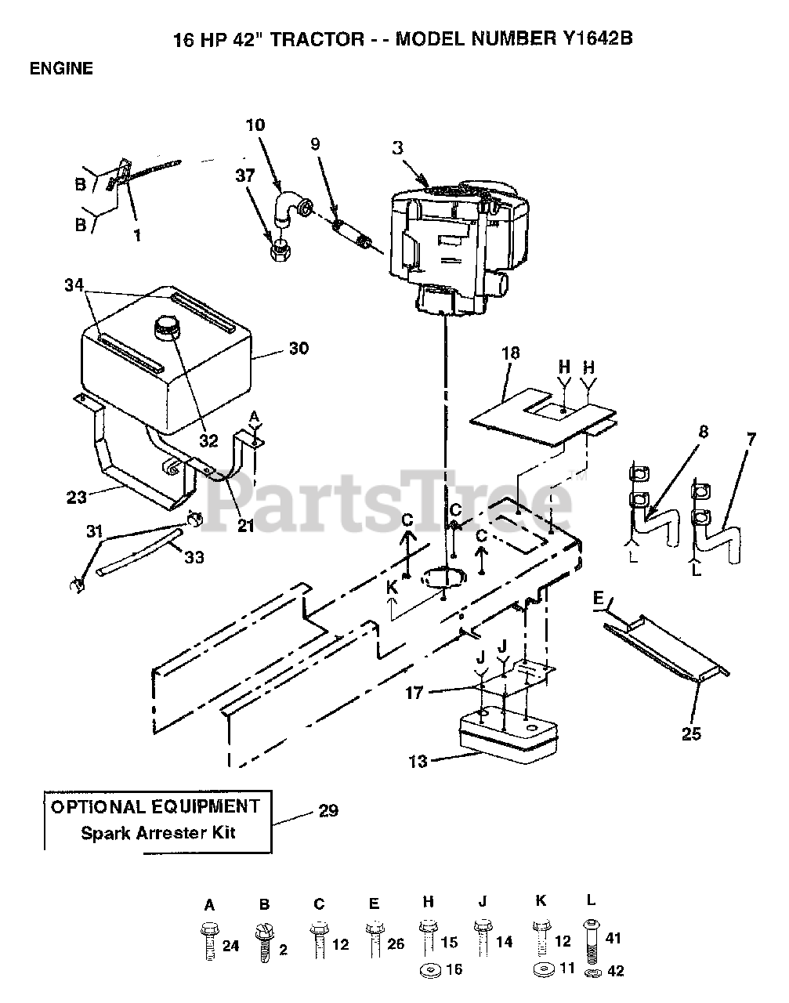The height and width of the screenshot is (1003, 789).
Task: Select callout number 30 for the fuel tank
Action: (299, 348)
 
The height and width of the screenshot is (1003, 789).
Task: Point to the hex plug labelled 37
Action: (276, 250)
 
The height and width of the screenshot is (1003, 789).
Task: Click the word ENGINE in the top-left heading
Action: (61, 68)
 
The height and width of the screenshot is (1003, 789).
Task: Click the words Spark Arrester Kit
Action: (158, 832)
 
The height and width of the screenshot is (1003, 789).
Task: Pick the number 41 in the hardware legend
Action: (613, 938)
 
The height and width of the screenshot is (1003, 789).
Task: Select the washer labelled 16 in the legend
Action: (430, 970)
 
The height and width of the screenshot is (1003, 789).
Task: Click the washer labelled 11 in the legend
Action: (540, 970)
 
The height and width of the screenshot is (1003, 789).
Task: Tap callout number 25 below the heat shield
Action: (691, 733)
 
